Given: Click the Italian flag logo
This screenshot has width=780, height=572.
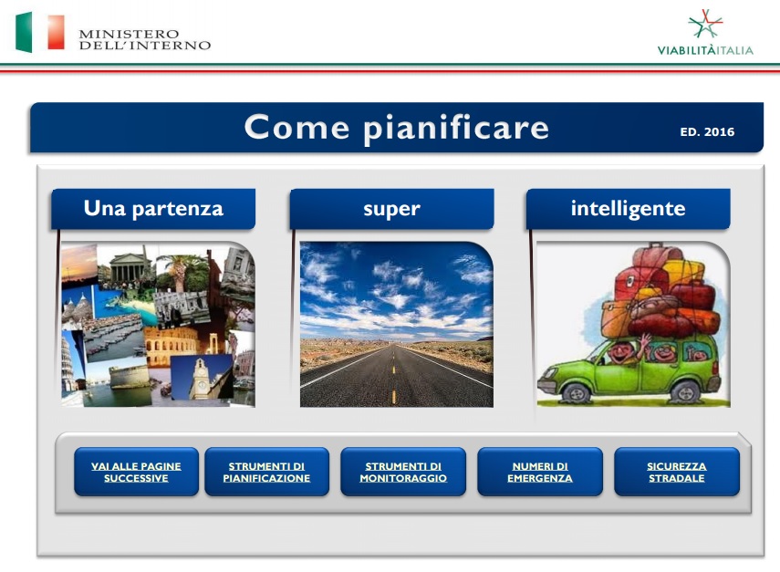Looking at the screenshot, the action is (40, 32).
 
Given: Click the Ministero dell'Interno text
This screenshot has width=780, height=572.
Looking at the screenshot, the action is (145, 40).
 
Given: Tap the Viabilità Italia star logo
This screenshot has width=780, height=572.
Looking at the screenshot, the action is (705, 24).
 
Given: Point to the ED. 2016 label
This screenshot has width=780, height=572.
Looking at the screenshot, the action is (707, 131).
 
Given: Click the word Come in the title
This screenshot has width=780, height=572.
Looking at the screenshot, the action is (297, 128).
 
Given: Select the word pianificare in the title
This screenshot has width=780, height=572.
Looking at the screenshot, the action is (456, 129).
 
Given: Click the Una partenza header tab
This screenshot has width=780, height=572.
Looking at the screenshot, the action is (153, 209).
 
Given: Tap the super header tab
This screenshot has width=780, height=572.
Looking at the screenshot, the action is (391, 209).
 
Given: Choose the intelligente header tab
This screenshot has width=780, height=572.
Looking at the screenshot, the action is (628, 209).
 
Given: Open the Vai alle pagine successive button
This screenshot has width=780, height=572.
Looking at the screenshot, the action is (136, 472).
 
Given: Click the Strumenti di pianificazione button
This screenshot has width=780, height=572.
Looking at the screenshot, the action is (266, 472).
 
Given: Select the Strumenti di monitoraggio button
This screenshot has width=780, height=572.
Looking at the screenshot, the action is (403, 472).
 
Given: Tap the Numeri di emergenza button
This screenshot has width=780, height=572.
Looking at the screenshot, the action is (540, 472).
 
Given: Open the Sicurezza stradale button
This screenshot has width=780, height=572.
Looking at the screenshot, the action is (677, 472).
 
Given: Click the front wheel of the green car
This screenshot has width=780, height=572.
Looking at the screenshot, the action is (577, 392).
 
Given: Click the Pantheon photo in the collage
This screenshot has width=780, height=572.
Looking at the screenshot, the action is (127, 266).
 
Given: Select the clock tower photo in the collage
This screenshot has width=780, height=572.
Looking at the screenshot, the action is (203, 378).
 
